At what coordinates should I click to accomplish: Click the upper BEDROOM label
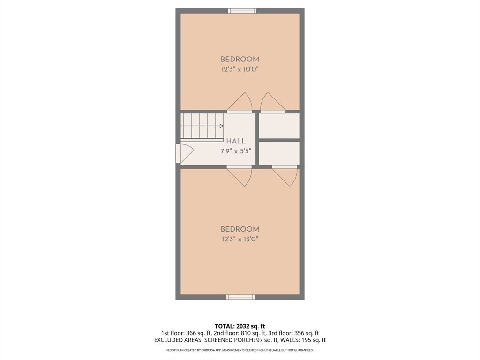(x=240, y=60)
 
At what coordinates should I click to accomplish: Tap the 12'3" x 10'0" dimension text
(x=240, y=69)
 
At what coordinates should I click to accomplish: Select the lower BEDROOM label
(x=240, y=229)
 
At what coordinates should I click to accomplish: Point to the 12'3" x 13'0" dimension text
(x=240, y=240)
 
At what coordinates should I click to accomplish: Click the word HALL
(x=236, y=141)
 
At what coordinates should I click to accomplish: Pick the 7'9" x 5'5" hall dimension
(x=236, y=151)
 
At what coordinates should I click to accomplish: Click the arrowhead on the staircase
(x=221, y=126)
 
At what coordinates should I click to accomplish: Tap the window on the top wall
(x=242, y=11)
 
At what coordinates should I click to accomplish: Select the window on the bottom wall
(x=240, y=297)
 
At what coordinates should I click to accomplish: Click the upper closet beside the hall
(x=279, y=126)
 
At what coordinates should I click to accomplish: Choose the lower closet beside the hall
(x=279, y=154)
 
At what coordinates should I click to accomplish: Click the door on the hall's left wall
(x=185, y=154)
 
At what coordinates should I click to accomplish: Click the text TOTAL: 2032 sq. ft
(x=240, y=326)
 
